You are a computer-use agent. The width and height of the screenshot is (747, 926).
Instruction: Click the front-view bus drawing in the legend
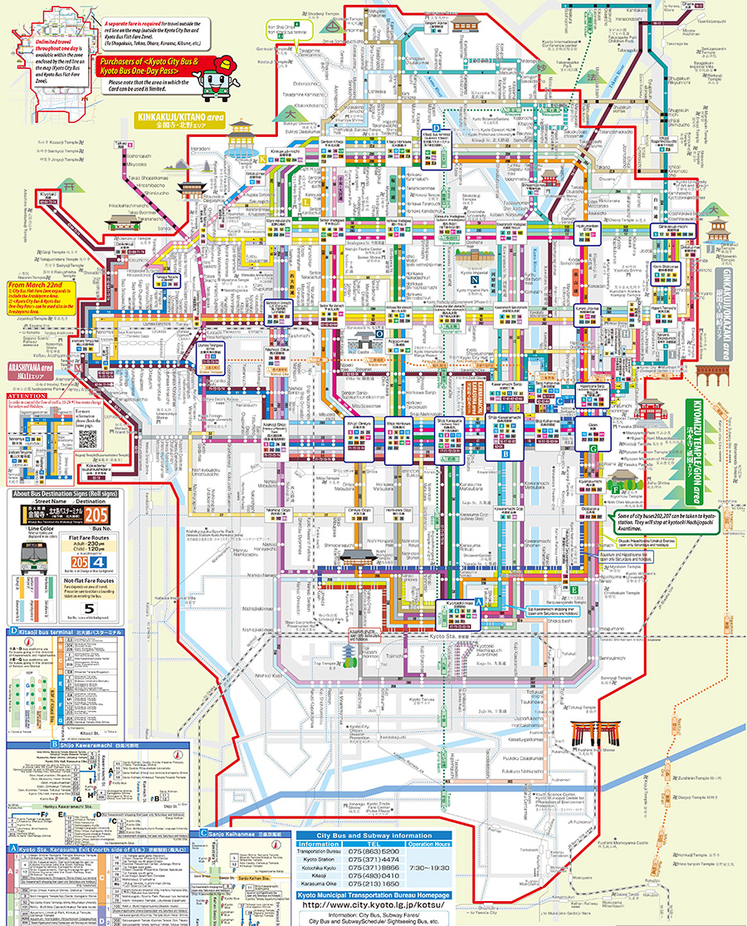(28, 562)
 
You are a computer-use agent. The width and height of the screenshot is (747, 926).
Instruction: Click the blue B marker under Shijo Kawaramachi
(505, 453)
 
